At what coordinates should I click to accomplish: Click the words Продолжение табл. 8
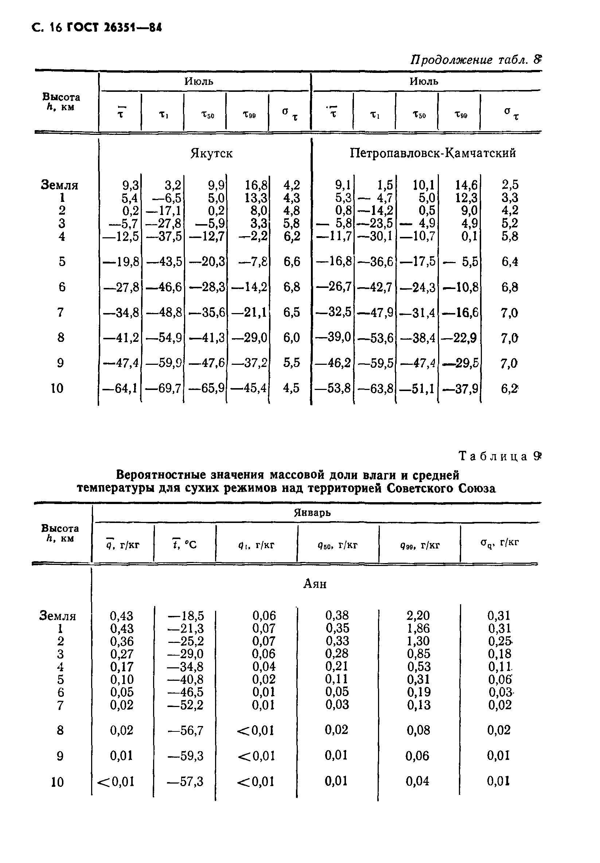tap(476, 60)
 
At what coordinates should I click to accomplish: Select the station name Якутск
tap(211, 153)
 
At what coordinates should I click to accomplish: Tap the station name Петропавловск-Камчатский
tap(433, 153)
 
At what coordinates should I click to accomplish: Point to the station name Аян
tap(315, 584)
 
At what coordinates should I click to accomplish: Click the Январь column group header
tap(312, 513)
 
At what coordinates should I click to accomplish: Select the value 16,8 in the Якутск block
tap(256, 185)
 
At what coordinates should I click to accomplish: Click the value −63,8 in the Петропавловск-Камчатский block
tap(375, 388)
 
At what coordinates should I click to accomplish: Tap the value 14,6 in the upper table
tap(466, 185)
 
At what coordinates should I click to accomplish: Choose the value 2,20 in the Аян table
tap(418, 615)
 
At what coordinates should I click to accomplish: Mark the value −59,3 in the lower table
tap(185, 755)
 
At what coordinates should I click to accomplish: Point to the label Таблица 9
tap(500, 456)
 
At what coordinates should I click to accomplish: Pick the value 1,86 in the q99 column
tap(418, 628)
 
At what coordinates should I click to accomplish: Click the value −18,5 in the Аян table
tap(186, 615)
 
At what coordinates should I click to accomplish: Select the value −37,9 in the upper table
tap(460, 388)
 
